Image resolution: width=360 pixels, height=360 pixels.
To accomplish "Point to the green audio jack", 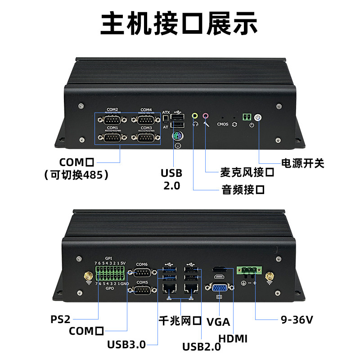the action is tap(195, 116).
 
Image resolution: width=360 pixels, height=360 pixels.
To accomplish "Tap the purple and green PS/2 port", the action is tap(178, 136).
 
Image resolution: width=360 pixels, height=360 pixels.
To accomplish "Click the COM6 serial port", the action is tap(142, 273).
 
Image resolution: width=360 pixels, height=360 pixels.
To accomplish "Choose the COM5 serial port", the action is tap(142, 290).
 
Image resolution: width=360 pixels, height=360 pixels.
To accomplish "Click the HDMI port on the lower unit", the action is tap(220, 270).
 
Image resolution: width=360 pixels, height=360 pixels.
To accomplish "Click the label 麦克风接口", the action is tap(247, 172).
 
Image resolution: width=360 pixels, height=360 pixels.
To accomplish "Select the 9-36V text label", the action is tap(297, 320).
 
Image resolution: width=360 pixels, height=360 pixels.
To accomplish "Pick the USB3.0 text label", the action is tap(126, 345).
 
